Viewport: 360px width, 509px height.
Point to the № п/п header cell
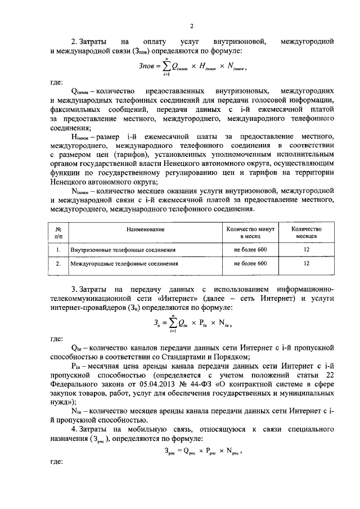pyautogui.click(x=58, y=233)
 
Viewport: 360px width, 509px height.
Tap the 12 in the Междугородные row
pyautogui.click(x=307, y=263)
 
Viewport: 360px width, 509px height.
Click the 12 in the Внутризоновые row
pyautogui.click(x=307, y=249)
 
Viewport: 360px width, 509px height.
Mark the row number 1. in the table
pyautogui.click(x=58, y=249)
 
